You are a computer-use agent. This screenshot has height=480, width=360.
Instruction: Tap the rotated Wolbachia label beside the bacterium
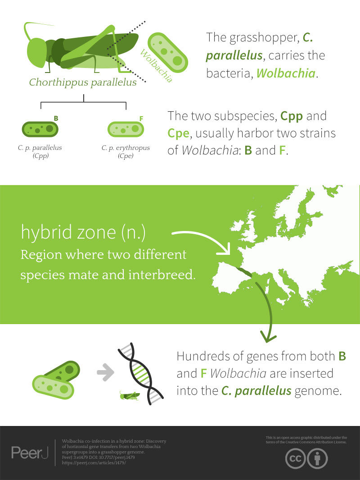click(x=156, y=66)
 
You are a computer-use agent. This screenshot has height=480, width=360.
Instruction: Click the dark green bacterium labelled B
click(x=40, y=129)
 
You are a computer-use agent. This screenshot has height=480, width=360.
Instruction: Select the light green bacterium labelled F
click(x=126, y=129)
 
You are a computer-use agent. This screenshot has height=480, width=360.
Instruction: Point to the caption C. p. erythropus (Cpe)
click(x=126, y=152)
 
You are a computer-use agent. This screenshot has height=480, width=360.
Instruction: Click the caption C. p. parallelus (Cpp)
click(x=40, y=152)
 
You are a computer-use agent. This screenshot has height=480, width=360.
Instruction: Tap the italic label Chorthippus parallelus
click(x=83, y=82)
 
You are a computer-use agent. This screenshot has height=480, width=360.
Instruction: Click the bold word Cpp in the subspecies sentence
click(x=292, y=116)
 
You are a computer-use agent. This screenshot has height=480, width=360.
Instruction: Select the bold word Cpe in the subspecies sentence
click(x=179, y=133)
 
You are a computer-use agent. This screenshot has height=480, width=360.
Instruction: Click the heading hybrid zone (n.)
click(x=83, y=232)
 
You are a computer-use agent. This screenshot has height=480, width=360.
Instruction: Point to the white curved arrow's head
click(x=224, y=249)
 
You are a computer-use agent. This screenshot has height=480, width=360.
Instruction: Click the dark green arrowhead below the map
click(x=268, y=336)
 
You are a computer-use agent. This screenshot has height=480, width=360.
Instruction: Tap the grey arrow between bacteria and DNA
click(x=105, y=372)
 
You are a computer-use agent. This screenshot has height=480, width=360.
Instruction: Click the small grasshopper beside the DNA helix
click(x=130, y=395)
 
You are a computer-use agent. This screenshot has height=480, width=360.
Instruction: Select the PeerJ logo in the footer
click(x=30, y=453)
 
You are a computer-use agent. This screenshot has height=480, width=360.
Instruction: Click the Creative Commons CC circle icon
click(x=296, y=458)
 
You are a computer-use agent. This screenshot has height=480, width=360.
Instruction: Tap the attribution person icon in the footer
click(x=318, y=458)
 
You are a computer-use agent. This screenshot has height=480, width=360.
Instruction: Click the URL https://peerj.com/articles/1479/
click(x=94, y=463)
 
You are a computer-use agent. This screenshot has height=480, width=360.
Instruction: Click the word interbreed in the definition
click(x=162, y=275)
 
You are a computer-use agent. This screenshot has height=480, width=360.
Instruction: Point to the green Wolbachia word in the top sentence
click(x=286, y=73)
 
